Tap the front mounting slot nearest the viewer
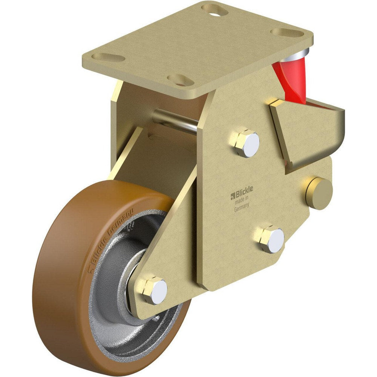[180, 80]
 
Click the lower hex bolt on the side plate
[272, 239]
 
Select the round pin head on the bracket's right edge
[319, 193]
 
